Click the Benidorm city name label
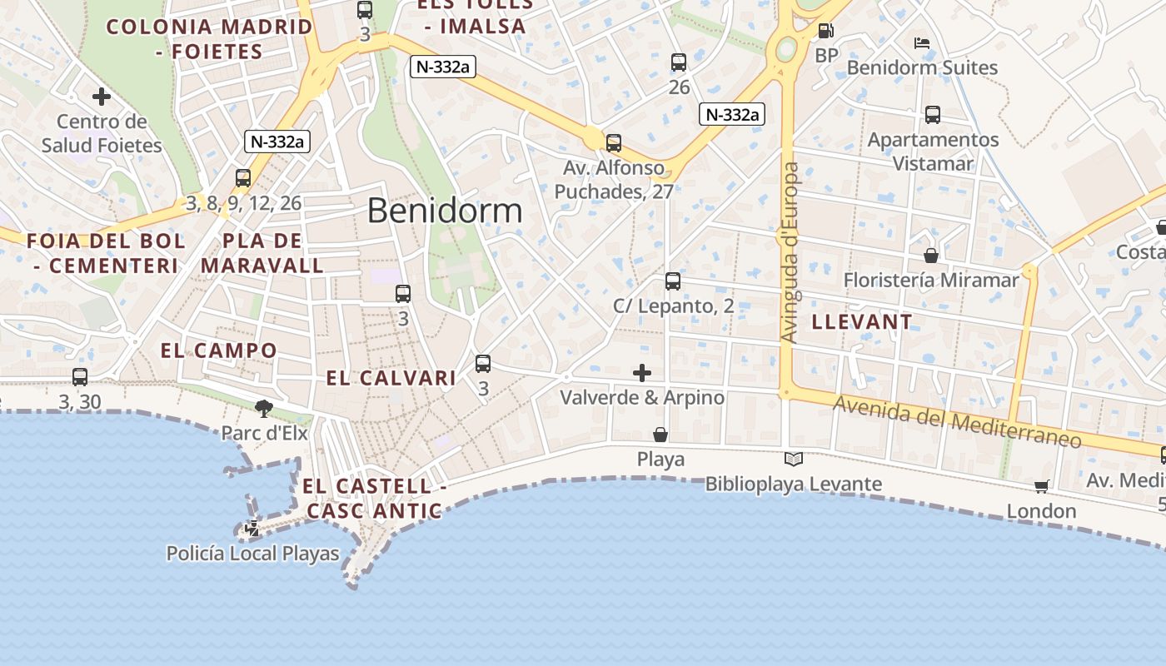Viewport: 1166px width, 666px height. point(445,211)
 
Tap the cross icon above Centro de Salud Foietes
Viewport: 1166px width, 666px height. point(102,97)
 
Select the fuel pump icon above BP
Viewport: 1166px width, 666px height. point(825,31)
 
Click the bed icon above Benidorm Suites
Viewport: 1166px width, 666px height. point(921,43)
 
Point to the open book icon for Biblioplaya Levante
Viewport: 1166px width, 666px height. point(794,459)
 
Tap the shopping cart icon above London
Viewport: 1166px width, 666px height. point(1041,486)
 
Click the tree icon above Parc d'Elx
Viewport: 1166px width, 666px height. point(264,408)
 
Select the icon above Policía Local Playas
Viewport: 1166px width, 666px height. point(252,528)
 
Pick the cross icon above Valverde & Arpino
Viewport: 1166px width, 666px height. point(642,372)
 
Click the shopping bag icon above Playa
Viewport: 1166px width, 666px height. point(660,434)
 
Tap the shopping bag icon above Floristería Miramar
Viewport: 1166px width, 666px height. point(930,255)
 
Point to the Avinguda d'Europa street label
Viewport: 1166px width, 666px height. point(790,252)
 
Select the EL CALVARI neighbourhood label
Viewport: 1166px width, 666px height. point(391,378)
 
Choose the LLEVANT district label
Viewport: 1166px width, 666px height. point(862,321)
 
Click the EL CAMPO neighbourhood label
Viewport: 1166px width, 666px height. point(218,350)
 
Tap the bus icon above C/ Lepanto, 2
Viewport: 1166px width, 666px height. point(673,281)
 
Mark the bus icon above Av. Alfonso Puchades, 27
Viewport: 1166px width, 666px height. point(614,143)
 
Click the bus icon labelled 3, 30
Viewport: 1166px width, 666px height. point(80,377)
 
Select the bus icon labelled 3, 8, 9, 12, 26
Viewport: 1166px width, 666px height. point(243,178)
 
